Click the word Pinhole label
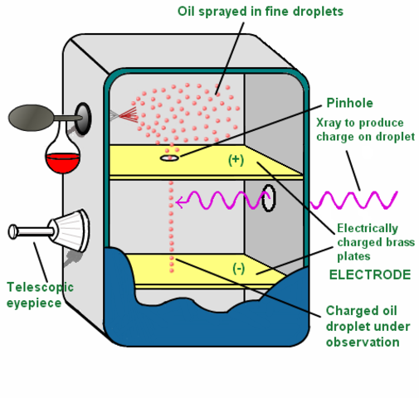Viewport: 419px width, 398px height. (x=349, y=103)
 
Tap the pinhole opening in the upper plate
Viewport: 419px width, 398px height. (x=168, y=158)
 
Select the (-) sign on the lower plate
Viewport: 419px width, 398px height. (x=239, y=267)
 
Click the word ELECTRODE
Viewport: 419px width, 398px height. (x=369, y=274)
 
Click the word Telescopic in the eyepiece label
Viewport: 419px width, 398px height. (x=40, y=287)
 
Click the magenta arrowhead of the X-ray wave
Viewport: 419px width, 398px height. (x=179, y=200)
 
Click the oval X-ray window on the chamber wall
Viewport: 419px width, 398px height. (x=269, y=198)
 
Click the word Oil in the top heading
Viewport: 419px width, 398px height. (x=188, y=11)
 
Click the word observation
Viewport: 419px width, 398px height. (x=363, y=342)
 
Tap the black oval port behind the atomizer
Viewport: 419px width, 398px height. (x=84, y=116)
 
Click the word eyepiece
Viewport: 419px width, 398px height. (x=33, y=302)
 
